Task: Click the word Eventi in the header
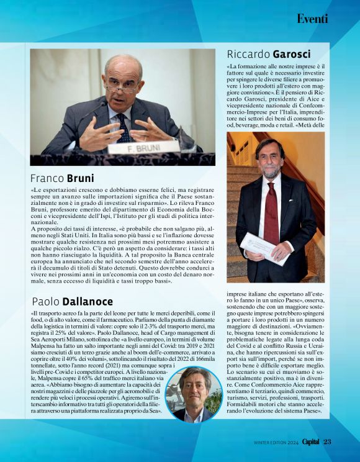click(312, 19)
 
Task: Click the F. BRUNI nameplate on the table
click(143, 147)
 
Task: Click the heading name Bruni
click(81, 178)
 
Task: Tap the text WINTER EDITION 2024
click(276, 443)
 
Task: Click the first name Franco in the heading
click(48, 178)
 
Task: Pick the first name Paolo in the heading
click(46, 302)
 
